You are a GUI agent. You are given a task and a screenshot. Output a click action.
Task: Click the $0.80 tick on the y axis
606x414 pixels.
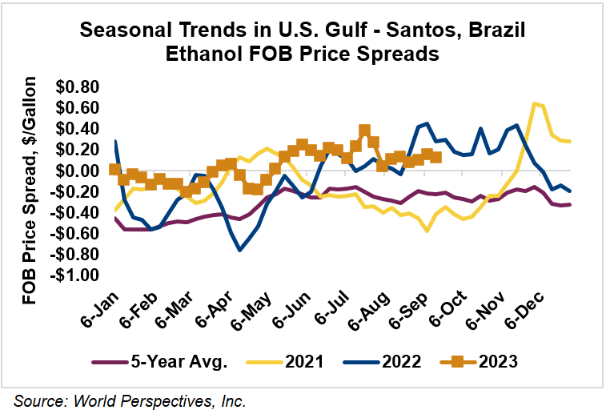[x=78, y=86]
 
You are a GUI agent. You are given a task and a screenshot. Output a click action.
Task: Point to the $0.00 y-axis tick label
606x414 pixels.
[x=78, y=171]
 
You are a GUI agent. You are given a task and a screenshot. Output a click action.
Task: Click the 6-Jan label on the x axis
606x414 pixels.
[x=98, y=308]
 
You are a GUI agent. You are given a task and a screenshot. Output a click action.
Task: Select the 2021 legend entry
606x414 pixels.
[x=305, y=361]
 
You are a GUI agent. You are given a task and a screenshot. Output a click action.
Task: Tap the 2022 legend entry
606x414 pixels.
[x=401, y=361]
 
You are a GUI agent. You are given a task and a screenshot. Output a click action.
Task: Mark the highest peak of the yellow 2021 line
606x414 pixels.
[x=533, y=103]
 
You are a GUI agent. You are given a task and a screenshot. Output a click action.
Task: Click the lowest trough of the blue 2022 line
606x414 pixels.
[x=239, y=251]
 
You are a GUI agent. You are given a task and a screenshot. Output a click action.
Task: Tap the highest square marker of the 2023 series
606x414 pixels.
[x=364, y=130]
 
